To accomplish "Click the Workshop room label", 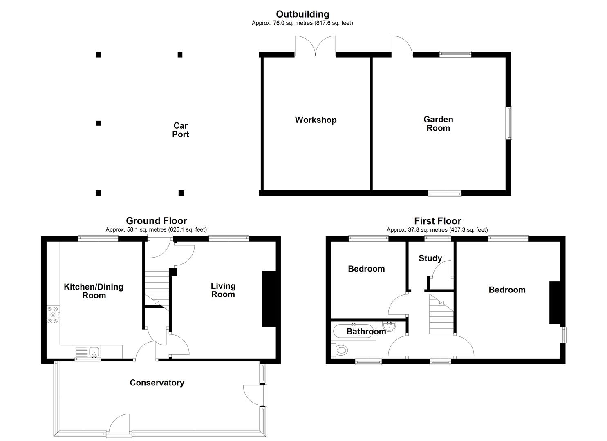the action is [x=316, y=120].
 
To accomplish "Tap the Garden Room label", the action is [x=438, y=124].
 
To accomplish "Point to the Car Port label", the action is [x=181, y=130].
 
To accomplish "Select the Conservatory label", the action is [x=157, y=383].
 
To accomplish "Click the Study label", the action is [x=430, y=258].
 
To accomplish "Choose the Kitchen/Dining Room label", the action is [x=94, y=291].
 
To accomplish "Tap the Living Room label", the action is [x=223, y=290].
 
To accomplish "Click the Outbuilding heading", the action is [x=303, y=14].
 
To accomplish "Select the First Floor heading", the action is [x=438, y=221].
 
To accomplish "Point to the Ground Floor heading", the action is [x=157, y=221].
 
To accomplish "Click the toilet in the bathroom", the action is [x=340, y=351].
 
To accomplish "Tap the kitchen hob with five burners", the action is [x=53, y=315].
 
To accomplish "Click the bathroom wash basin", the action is [x=390, y=326].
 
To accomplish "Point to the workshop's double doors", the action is [x=316, y=46].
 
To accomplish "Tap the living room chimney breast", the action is [x=269, y=299].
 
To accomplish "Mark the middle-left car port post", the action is [x=99, y=123].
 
